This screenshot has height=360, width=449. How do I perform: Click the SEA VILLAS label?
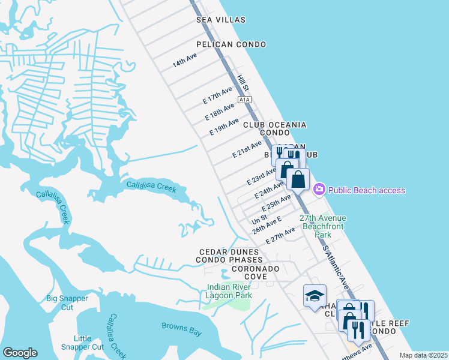(x=221, y=20)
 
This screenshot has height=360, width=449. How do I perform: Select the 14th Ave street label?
(x=185, y=60)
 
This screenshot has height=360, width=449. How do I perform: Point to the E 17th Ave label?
(x=217, y=95)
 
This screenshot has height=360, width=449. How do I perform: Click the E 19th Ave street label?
(x=224, y=127)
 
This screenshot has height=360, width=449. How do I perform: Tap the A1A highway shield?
(x=243, y=100)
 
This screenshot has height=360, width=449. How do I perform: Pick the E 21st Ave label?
(x=247, y=149)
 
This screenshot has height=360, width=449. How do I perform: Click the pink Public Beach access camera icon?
(x=319, y=190)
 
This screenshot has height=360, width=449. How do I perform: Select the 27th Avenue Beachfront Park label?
(x=324, y=226)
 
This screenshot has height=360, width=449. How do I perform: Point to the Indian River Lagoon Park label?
(x=228, y=291)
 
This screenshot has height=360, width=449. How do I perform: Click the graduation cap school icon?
(x=315, y=296)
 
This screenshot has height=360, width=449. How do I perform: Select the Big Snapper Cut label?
(x=67, y=302)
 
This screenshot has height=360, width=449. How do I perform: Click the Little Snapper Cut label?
(x=82, y=343)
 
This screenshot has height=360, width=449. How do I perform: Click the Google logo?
(x=20, y=353)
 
